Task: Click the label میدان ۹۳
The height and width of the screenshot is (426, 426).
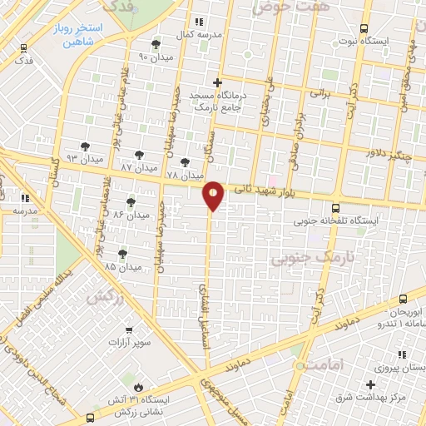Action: [x=85, y=158]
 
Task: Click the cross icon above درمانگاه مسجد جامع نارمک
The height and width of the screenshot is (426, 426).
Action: [x=218, y=82]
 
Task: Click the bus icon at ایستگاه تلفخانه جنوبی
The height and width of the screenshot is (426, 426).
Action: [x=334, y=209]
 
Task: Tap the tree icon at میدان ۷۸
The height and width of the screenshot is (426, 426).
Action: [x=185, y=162]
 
